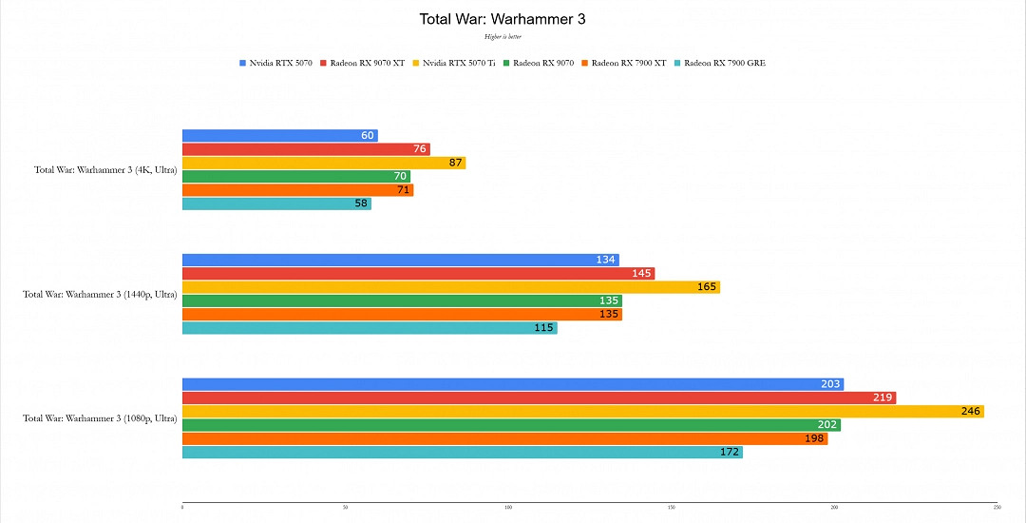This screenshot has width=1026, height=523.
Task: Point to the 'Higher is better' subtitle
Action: click(x=503, y=36)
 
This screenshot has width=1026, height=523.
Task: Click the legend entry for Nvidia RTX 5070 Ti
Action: click(x=459, y=63)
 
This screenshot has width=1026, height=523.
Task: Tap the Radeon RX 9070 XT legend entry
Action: click(x=367, y=63)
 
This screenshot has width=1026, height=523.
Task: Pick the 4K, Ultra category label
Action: click(x=105, y=170)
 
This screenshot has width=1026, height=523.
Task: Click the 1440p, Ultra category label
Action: click(x=100, y=294)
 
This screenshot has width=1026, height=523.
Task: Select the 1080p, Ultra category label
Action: click(x=100, y=418)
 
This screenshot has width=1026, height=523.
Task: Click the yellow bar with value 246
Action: click(x=582, y=412)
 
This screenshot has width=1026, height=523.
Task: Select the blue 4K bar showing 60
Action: click(x=279, y=136)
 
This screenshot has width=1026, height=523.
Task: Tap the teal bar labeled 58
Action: click(x=276, y=203)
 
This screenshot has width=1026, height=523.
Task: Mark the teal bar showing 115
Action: click(x=370, y=328)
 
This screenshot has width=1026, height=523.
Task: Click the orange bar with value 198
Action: click(x=504, y=438)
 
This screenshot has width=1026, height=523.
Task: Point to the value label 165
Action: click(x=707, y=287)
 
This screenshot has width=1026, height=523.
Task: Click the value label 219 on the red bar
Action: click(x=883, y=397)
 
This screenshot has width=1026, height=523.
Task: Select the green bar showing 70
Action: click(x=295, y=177)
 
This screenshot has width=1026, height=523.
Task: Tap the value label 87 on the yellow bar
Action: click(x=455, y=163)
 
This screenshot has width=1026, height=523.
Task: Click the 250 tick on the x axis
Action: click(x=997, y=508)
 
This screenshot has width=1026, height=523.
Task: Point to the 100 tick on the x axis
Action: click(x=508, y=508)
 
